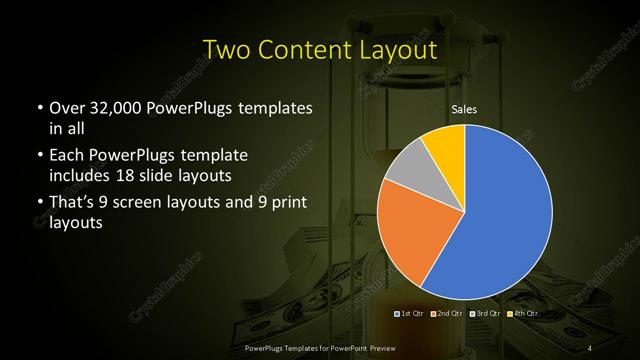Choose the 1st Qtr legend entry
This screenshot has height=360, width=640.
click(x=412, y=314)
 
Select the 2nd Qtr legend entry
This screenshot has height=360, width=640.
click(x=448, y=314)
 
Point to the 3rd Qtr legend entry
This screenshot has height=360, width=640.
click(x=484, y=314)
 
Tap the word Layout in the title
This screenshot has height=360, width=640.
click(x=400, y=50)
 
